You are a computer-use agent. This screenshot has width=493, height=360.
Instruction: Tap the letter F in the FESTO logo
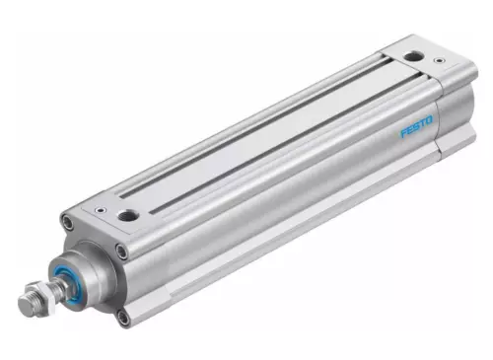(403, 133)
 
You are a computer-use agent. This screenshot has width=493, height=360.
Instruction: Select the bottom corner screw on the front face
(123, 317)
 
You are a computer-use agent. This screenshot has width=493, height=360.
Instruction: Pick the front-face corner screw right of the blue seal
(121, 252)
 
